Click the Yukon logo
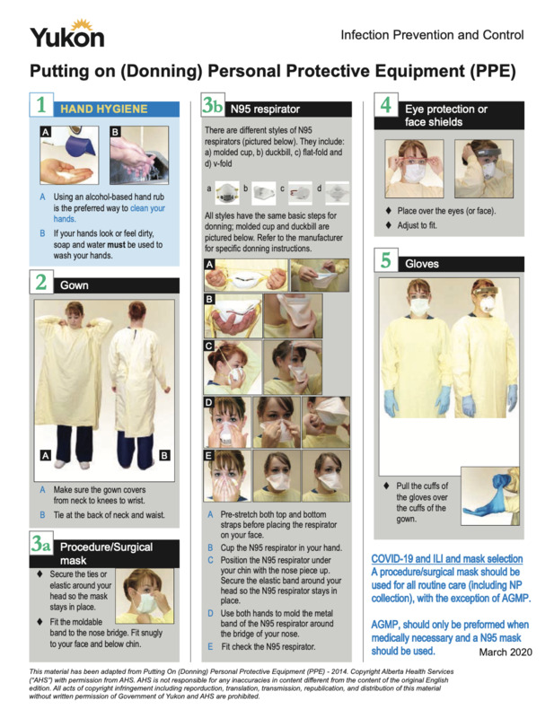[x=66, y=33]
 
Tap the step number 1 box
[x=41, y=108]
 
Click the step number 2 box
[x=41, y=284]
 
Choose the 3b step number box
[x=213, y=108]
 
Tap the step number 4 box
[x=385, y=107]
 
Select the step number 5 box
[x=385, y=263]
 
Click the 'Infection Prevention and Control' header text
[x=432, y=35]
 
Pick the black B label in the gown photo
[x=164, y=456]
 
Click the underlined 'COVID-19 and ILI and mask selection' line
[x=446, y=559]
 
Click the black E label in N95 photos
[x=209, y=455]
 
